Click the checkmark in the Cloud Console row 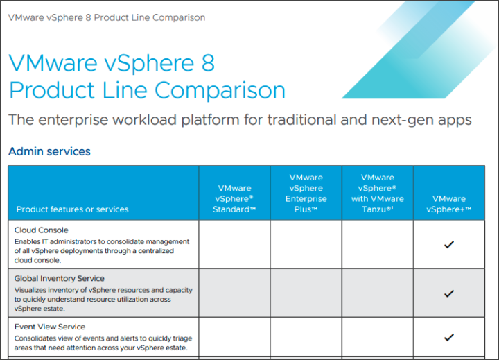448,244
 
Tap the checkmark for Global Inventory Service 448,293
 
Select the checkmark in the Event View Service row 448,336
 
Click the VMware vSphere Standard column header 234,198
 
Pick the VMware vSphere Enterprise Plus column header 306,193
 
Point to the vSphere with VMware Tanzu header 378,193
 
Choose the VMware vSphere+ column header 448,204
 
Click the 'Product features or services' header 73,209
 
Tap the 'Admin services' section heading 49,151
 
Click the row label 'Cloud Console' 42,230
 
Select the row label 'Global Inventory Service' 60,278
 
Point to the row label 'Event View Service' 50,327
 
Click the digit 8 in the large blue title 208,62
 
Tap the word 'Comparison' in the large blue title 220,90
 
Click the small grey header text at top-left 107,17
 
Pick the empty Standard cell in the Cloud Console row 234,244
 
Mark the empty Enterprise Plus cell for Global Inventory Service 306,293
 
